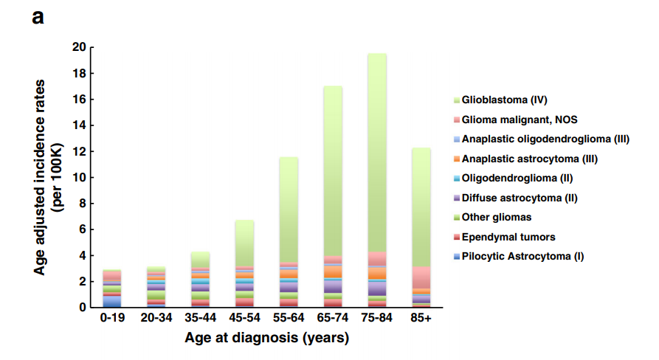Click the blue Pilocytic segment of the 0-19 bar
[x=112, y=301]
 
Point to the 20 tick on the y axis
[x=80, y=47]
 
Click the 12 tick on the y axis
[x=80, y=151]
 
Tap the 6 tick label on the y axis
[x=83, y=229]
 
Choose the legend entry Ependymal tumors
[x=508, y=237]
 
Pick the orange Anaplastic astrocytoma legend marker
[x=458, y=159]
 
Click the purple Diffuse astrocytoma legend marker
[x=458, y=198]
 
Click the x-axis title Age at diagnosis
[x=266, y=339]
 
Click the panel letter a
[x=38, y=16]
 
